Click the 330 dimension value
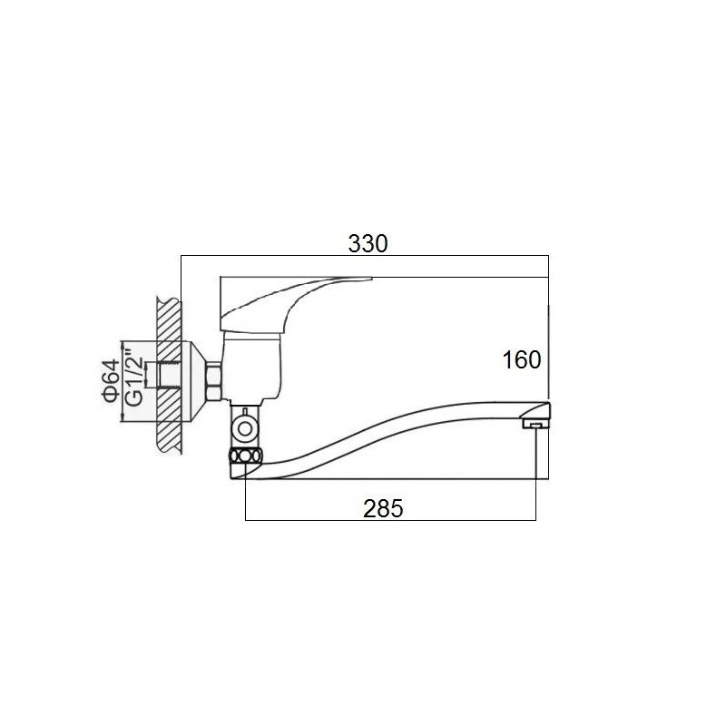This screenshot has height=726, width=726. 368,244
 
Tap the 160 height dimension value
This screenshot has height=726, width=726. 522,359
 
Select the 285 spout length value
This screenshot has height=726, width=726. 383,509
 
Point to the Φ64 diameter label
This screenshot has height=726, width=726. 111,380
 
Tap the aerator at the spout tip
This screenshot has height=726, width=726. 535,423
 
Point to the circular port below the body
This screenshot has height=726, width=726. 245,427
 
